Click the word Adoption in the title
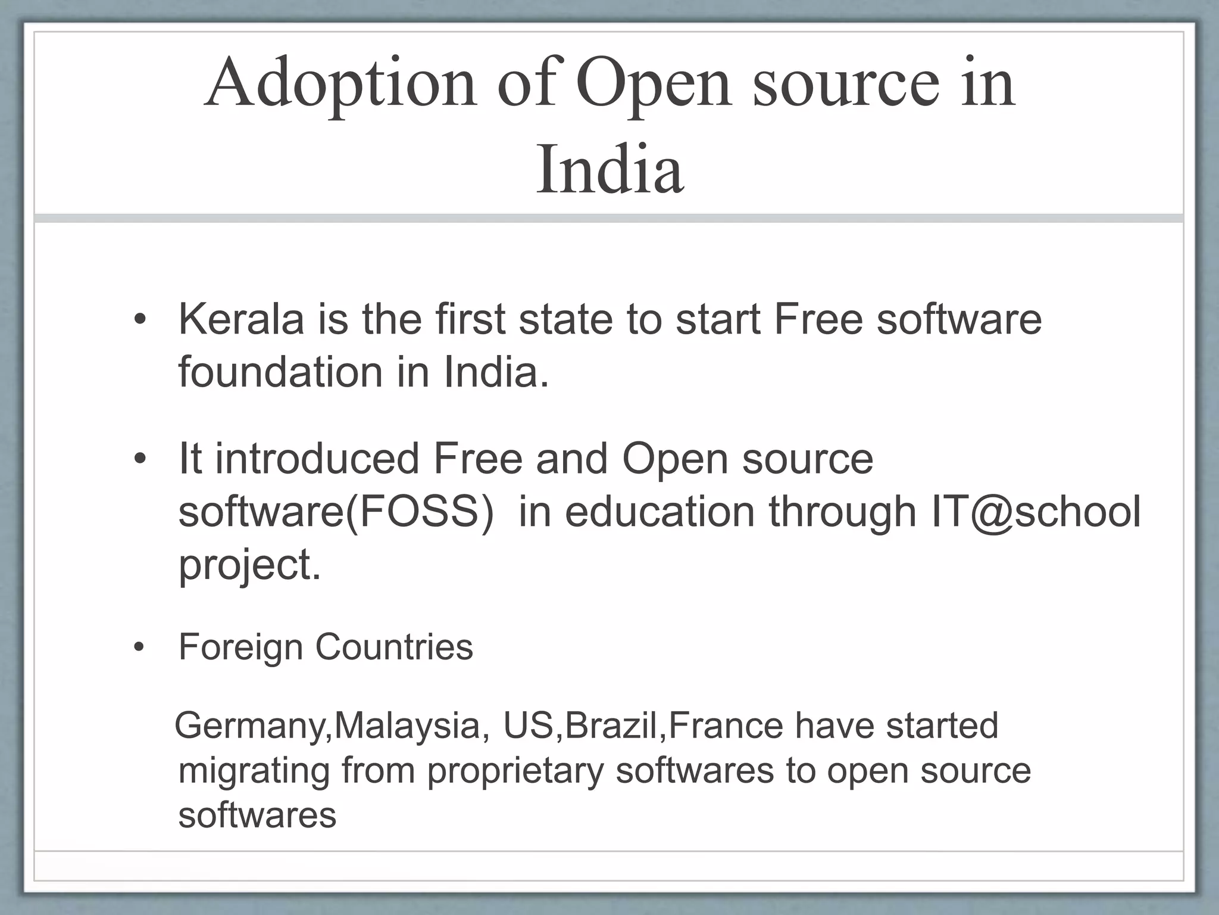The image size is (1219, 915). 340,84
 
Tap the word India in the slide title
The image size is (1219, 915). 609,170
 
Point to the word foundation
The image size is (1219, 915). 280,372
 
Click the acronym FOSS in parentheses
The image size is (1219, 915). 420,511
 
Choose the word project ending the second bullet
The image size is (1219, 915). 245,565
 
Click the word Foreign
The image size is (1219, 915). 240,648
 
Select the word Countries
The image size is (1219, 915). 394,648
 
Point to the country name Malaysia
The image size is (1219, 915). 408,726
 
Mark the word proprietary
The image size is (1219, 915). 515,771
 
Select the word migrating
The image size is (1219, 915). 254,771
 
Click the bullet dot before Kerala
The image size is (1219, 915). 140,321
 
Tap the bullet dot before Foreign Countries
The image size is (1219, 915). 140,648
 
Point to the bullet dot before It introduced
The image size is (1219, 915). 140,460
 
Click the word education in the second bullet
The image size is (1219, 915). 659,511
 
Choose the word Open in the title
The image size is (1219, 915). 652,84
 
